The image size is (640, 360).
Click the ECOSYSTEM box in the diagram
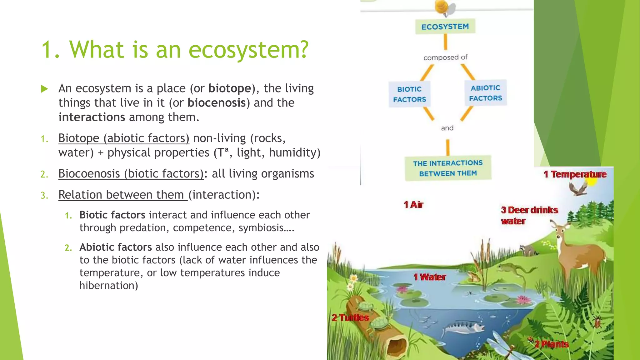point(445,27)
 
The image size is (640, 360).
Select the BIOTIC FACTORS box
point(409,94)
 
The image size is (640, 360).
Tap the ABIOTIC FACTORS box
point(485,93)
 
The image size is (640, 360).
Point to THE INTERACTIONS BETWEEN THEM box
point(448,168)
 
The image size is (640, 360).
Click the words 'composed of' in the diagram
point(445,57)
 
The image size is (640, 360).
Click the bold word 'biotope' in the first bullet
point(230,88)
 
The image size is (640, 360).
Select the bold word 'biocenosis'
point(217,103)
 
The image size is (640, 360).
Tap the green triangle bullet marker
point(44,89)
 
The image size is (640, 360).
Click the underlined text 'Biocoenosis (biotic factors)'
point(131,174)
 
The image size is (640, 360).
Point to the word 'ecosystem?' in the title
point(248,50)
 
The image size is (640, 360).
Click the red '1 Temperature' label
point(575,174)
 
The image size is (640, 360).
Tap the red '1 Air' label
point(413,205)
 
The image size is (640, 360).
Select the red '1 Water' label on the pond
point(430,277)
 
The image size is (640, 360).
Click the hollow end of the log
point(397,347)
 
